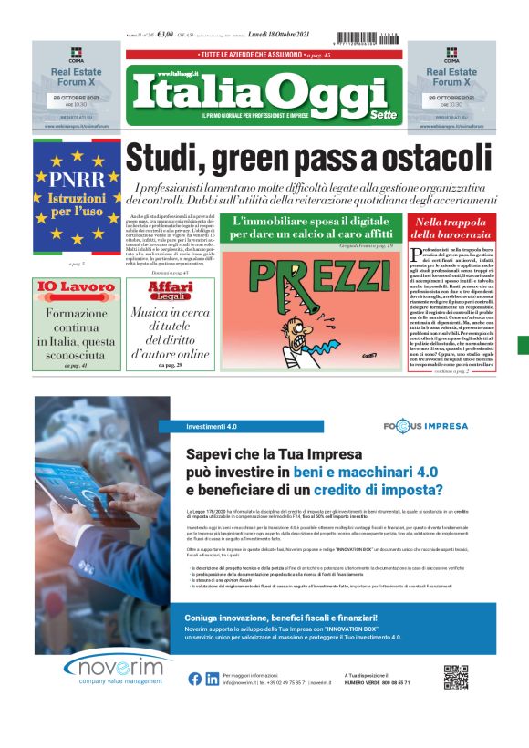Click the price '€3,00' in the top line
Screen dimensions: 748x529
165,36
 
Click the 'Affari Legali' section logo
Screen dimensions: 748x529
171,290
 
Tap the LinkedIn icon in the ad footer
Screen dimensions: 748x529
211,678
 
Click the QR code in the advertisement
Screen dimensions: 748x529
455,678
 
